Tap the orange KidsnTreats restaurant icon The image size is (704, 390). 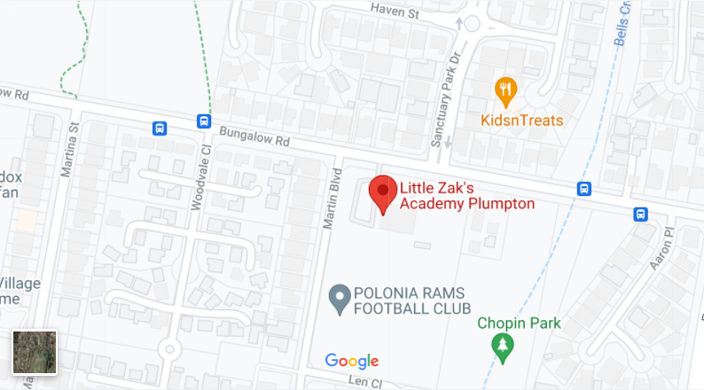pyautogui.click(x=506, y=90)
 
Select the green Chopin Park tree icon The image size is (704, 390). pyautogui.click(x=504, y=346)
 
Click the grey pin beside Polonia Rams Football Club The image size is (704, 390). pyautogui.click(x=338, y=299)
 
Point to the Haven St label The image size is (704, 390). pyautogui.click(x=395, y=12)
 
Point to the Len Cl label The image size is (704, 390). pyautogui.click(x=364, y=382)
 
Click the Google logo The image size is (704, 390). pyautogui.click(x=352, y=361)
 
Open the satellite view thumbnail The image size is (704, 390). pyautogui.click(x=35, y=352)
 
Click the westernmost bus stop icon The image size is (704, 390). pyautogui.click(x=160, y=128)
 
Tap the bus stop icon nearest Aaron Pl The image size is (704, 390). pyautogui.click(x=640, y=214)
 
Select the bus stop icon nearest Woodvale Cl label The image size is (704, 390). pyautogui.click(x=204, y=121)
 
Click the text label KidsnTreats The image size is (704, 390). pyautogui.click(x=522, y=121)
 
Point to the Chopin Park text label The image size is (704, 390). pyautogui.click(x=519, y=324)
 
